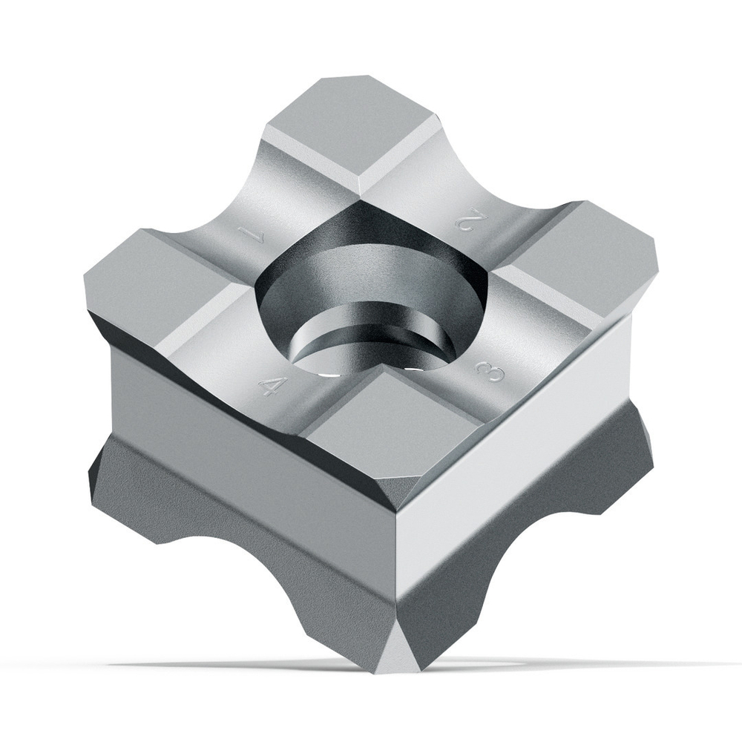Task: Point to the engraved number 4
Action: point(272,386)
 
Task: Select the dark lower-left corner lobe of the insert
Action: point(119,490)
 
